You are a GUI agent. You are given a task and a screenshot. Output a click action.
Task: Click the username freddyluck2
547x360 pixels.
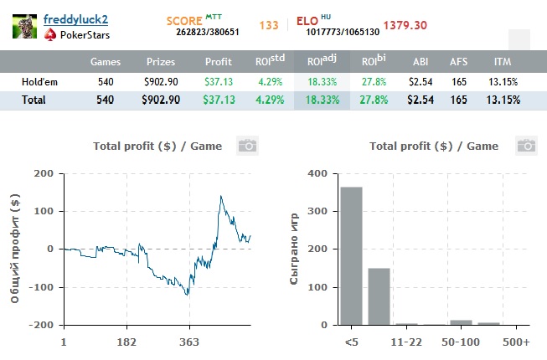point(75,18)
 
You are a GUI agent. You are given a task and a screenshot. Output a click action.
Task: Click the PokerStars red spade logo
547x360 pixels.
point(50,35)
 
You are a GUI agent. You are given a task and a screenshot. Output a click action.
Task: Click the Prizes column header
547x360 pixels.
point(160,62)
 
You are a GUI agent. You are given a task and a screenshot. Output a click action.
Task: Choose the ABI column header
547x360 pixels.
point(420,62)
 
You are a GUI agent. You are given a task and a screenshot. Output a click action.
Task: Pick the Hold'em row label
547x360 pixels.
point(41,82)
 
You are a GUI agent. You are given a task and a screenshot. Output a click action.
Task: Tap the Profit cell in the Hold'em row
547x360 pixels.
point(219,82)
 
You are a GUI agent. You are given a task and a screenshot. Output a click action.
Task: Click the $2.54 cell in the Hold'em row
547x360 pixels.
point(420,82)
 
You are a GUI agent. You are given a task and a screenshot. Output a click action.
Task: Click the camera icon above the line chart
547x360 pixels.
point(246,146)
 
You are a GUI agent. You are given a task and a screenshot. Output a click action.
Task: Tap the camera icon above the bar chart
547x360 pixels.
point(526,146)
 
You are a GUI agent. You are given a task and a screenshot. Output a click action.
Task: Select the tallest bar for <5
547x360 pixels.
point(351,255)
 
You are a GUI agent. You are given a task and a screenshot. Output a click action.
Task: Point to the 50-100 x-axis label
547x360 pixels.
point(462,342)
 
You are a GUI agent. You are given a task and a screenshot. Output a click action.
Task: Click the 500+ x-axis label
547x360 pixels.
point(516,342)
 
